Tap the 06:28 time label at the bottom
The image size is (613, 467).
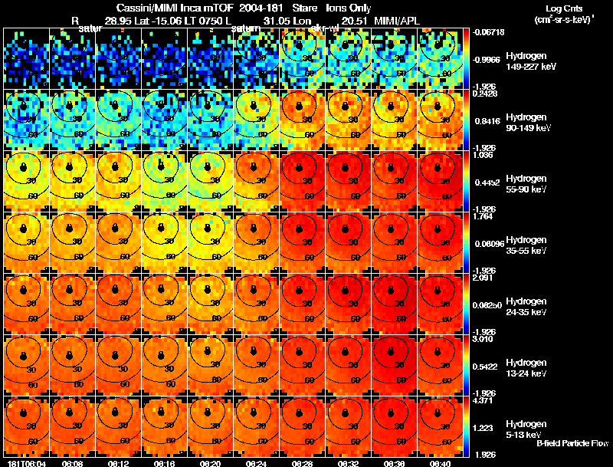click(x=301, y=462)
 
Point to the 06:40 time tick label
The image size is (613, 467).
click(x=439, y=462)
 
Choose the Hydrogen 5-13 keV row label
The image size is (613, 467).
click(x=525, y=429)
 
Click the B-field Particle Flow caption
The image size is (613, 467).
click(x=572, y=443)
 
